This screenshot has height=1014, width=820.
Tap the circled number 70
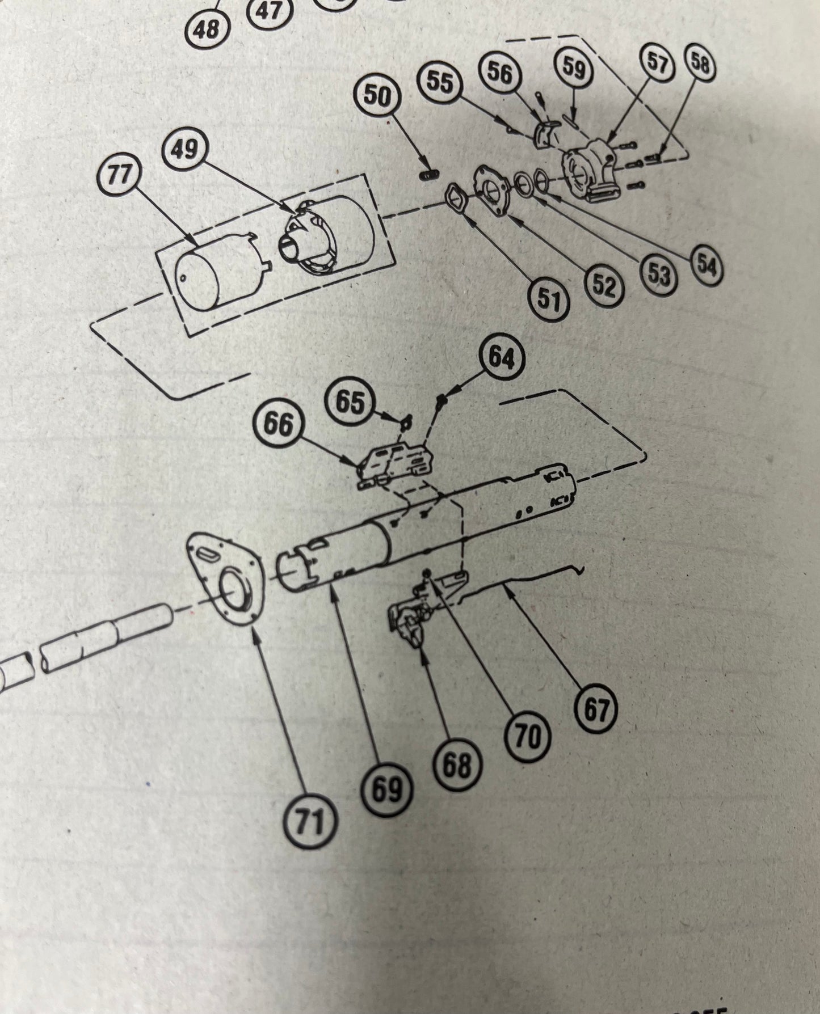(x=527, y=737)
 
